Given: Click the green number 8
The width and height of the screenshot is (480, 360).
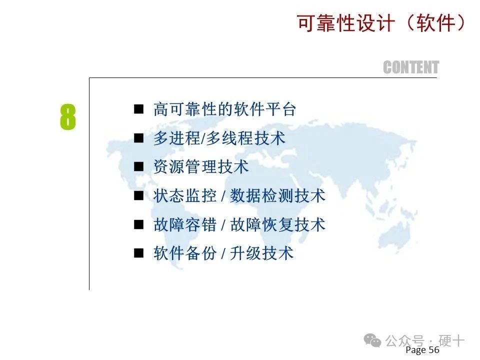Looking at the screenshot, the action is pos(67,117).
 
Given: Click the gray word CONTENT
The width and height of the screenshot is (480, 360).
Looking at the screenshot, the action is pos(411,67).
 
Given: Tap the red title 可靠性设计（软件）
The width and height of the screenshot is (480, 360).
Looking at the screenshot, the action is pos(381,23).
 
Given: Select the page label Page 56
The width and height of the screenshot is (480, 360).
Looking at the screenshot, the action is pos(422,349).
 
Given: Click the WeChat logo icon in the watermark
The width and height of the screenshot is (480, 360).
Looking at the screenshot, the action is pos(372,340).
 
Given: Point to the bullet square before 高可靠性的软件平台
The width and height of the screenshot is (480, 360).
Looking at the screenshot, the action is pos(138,109).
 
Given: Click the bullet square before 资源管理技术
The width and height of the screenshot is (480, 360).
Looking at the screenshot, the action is pos(138,167).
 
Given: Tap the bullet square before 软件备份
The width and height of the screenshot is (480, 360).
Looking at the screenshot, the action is pos(138,253).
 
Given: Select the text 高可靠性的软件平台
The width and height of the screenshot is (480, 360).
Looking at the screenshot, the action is pos(224,109).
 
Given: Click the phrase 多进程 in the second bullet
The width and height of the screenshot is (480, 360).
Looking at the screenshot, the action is pos(176,138).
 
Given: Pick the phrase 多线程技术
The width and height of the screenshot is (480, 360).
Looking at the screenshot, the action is pos(246,138).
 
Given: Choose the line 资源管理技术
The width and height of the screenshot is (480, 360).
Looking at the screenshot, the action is pos(201,167).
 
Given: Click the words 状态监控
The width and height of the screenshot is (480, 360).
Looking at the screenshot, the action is pos(185,195).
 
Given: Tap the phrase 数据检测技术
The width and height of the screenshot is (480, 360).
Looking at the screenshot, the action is pos(277,195).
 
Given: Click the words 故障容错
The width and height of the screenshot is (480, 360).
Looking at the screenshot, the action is pos(185,224).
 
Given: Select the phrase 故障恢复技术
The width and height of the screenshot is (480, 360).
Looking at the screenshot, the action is pos(277,224).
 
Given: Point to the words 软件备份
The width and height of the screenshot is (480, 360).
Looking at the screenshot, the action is pos(185,253).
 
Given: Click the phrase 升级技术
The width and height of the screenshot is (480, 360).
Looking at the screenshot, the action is pos(261,253).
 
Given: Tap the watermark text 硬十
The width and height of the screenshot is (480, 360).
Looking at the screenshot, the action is pos(451,340).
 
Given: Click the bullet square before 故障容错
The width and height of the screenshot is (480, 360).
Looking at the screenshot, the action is pos(138,224).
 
